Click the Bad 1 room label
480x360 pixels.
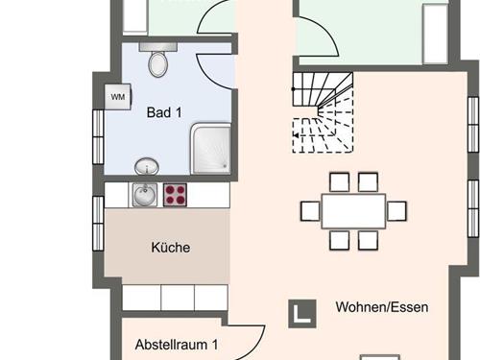click(164, 112)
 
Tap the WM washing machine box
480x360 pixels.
click(117, 97)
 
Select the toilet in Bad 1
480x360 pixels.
click(159, 62)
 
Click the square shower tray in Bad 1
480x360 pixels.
click(210, 149)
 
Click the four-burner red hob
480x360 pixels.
click(176, 195)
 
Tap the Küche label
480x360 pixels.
click(171, 248)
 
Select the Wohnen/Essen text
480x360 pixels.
click(381, 308)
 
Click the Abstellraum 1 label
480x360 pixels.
click(177, 344)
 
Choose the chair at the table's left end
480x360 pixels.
click(309, 211)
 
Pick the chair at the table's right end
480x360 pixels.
click(396, 211)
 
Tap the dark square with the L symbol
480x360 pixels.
click(302, 311)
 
